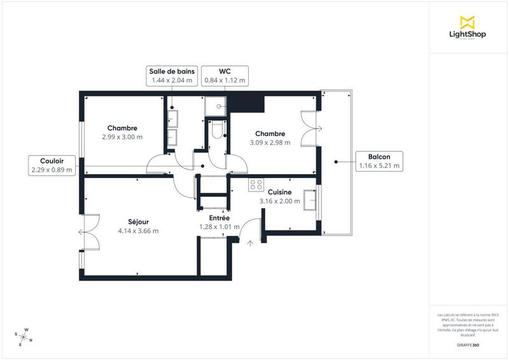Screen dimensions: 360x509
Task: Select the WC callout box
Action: (225, 76)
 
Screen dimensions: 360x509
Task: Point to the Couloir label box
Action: (52, 165)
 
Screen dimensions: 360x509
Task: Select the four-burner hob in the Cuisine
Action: (256, 184)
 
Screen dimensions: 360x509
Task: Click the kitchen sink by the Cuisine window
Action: (310, 199)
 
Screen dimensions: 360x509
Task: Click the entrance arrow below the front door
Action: (250, 242)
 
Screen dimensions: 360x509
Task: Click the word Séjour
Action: (138, 221)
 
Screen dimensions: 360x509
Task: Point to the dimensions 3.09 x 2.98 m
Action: (270, 142)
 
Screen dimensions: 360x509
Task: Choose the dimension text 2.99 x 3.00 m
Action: (122, 137)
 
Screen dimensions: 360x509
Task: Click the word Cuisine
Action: (279, 192)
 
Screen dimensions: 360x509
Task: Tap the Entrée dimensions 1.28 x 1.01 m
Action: (220, 226)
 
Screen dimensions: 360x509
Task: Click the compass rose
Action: (24, 336)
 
